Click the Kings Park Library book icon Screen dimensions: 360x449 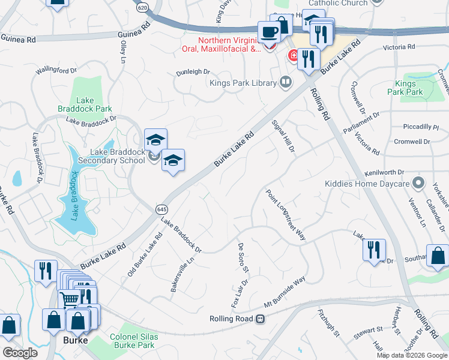coord(286,82)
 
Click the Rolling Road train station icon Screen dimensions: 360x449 coord(260,319)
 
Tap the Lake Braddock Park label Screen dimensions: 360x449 coord(94,104)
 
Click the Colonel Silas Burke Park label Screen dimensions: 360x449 coord(134,341)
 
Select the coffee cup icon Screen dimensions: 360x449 coord(268,31)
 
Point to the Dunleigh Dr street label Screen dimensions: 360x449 coord(193,72)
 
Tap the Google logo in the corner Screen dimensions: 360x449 coord(20,352)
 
